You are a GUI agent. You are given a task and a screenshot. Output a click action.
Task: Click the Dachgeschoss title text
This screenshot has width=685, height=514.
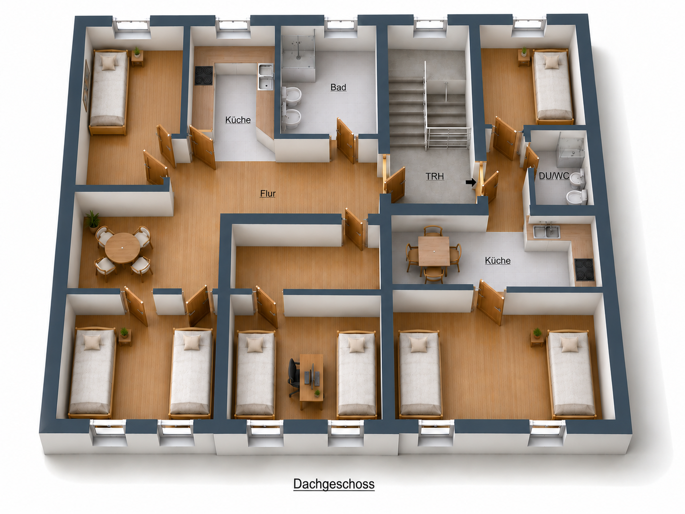[x=334, y=484]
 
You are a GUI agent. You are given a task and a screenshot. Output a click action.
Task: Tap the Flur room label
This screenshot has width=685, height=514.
[x=268, y=194]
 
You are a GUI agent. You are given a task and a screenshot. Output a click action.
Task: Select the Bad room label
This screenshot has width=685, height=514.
[x=338, y=87]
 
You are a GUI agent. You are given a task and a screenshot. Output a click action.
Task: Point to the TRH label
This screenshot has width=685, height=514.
[x=435, y=177]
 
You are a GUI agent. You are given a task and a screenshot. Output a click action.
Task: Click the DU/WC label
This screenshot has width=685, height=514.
[x=554, y=176]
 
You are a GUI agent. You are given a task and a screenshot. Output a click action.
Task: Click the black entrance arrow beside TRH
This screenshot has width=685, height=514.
[x=471, y=182]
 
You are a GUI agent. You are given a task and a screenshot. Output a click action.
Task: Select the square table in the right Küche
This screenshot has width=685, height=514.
[x=434, y=251]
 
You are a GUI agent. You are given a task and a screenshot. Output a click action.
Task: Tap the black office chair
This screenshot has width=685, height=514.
[x=294, y=378]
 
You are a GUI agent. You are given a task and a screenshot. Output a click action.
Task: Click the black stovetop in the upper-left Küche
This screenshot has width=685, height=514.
[x=204, y=76]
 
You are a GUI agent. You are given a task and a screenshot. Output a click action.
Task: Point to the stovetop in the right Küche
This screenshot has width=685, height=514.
[x=584, y=269]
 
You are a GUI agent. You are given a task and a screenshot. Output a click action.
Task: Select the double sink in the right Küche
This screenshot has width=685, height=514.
[x=546, y=231]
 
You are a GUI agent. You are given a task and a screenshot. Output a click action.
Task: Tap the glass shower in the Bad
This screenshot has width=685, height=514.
[x=298, y=55]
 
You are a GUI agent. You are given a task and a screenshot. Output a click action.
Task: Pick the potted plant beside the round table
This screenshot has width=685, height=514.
[x=92, y=221]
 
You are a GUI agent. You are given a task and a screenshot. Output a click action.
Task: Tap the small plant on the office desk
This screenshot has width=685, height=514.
[x=317, y=393]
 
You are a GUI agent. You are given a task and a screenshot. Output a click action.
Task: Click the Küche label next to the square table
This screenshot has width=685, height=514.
[x=498, y=261]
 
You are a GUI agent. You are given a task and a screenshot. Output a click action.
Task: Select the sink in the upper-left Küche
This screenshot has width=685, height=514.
[x=265, y=77]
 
